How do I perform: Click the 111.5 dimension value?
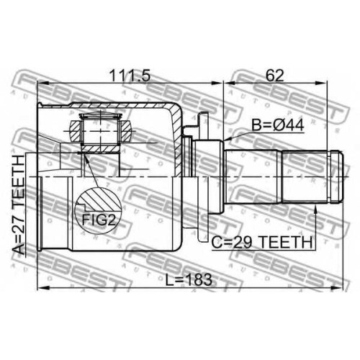pyautogui.click(x=130, y=76)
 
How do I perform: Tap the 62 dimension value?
pyautogui.click(x=274, y=76)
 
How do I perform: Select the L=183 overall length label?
pyautogui.click(x=189, y=279)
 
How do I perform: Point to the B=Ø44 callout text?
pyautogui.click(x=278, y=125)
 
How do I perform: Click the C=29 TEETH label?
pyautogui.click(x=262, y=242)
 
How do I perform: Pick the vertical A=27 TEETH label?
pyautogui.click(x=19, y=204)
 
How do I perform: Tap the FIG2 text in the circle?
pyautogui.click(x=99, y=220)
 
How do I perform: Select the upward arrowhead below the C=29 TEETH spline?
pyautogui.click(x=316, y=210)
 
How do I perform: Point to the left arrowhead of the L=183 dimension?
pyautogui.click(x=42, y=287)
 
